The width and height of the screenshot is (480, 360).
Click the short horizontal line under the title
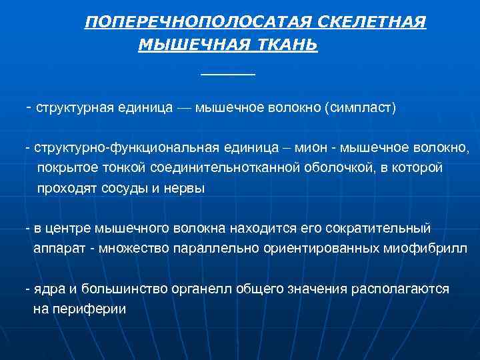click(228, 73)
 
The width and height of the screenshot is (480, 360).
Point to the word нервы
click(187, 188)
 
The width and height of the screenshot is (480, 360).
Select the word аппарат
click(58, 249)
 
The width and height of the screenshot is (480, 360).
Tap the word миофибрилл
click(423, 249)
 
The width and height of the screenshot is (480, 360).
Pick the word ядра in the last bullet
click(49, 289)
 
